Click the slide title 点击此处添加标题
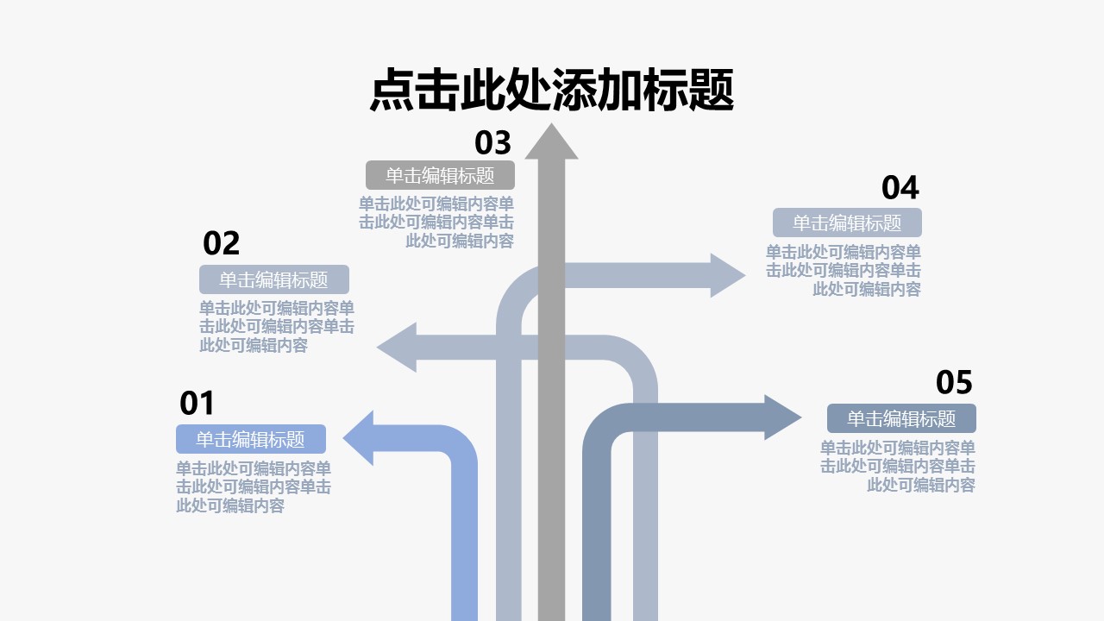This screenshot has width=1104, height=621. coord(552,90)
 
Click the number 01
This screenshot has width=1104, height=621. coord(197,403)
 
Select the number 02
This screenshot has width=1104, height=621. coord(221,244)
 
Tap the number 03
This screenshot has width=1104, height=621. coord(492,142)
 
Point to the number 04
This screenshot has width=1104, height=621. coord(900,188)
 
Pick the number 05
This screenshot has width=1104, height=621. coord(954,382)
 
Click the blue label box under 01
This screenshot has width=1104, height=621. coord(251,439)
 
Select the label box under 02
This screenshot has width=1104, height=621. coord(274,279)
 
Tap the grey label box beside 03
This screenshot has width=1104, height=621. coord(440,175)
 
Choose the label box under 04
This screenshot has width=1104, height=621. coord(847,223)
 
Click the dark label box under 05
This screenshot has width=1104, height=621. coord(901,418)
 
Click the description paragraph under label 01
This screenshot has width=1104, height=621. coord(254,487)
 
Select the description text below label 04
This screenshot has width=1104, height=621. coord(844,271)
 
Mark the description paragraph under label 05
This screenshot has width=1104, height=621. coord(898,467)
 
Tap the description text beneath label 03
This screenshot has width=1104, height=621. coord(436,223)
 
